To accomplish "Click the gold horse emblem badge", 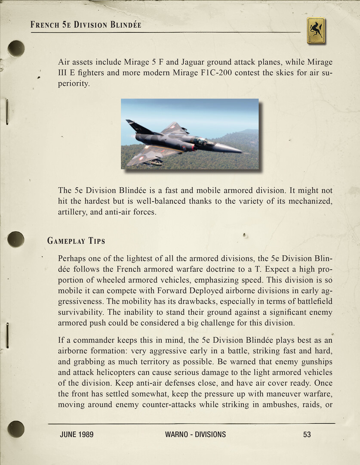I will [x=316, y=31].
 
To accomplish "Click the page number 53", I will [x=307, y=434].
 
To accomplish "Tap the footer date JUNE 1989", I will [x=77, y=434].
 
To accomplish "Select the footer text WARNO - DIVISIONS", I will [x=195, y=434].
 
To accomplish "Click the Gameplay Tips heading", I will [x=76, y=241].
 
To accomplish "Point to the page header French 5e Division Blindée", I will [x=86, y=25].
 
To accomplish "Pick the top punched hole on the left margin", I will [x=16, y=48].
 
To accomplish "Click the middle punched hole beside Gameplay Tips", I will [x=16, y=239].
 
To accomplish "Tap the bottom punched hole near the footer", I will [x=16, y=429].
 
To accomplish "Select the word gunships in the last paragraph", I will [x=314, y=362].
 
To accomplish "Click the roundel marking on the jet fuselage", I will [x=185, y=148].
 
